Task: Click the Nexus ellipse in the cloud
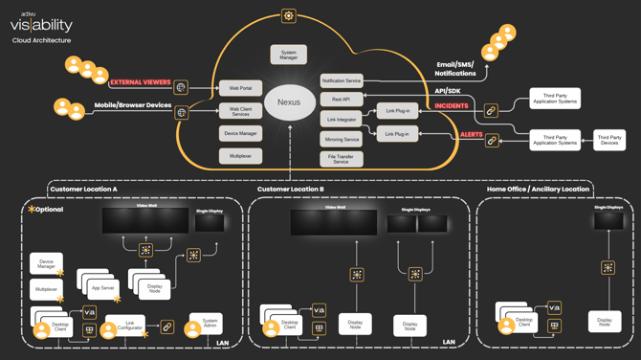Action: [289, 102]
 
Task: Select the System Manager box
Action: [288, 56]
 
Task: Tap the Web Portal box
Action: [240, 88]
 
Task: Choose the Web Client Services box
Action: [240, 111]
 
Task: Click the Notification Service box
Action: [341, 81]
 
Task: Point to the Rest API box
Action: [341, 100]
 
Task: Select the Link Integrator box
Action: [341, 120]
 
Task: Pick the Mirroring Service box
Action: [341, 140]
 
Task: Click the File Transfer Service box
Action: [341, 159]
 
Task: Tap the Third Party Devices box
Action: [609, 140]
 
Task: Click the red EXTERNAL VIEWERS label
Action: [140, 83]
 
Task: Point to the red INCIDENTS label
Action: [452, 106]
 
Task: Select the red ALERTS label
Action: [472, 135]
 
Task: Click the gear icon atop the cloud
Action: [288, 16]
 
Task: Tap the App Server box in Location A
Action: [102, 287]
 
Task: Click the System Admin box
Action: [210, 325]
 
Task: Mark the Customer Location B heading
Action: [291, 190]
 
